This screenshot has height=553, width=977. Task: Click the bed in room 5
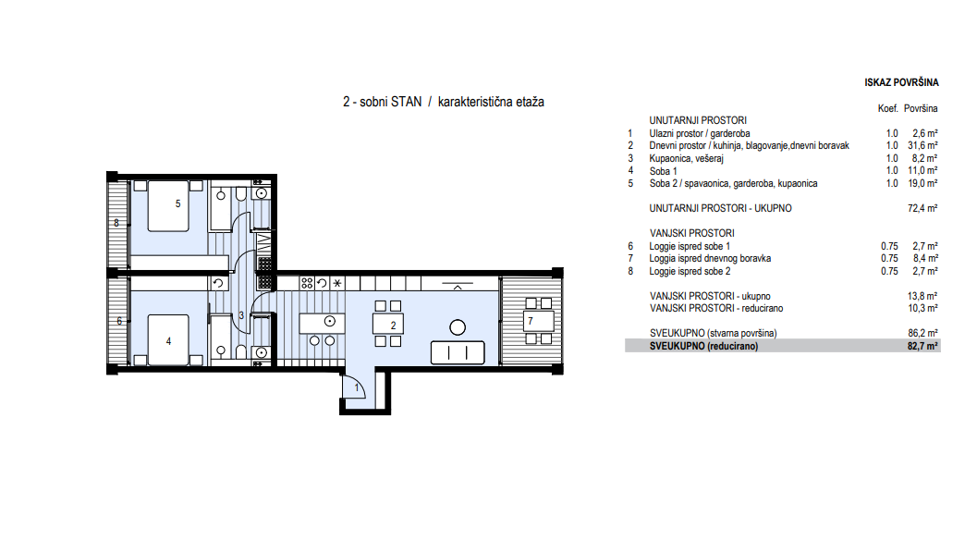[168, 206]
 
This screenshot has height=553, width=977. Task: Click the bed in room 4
[168, 339]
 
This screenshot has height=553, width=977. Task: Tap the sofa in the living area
[458, 352]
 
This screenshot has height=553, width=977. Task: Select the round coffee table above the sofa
[458, 327]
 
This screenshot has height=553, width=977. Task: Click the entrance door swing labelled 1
[354, 387]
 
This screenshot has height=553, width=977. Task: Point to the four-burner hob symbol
[307, 283]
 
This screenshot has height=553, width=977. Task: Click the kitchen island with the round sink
[323, 323]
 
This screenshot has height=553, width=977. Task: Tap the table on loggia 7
[538, 321]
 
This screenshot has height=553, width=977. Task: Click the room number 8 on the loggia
[116, 223]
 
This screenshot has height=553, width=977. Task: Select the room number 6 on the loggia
[119, 321]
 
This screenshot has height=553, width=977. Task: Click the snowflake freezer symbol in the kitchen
[337, 283]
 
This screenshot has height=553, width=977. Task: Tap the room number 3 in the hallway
[241, 315]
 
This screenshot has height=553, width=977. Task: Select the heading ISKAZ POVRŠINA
[901, 82]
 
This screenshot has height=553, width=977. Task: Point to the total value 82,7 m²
[922, 346]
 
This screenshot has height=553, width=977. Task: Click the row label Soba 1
[663, 171]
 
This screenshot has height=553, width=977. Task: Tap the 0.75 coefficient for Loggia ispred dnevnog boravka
[889, 258]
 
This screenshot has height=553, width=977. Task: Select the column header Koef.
[888, 108]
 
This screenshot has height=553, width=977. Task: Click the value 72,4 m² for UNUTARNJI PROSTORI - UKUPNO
[922, 208]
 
